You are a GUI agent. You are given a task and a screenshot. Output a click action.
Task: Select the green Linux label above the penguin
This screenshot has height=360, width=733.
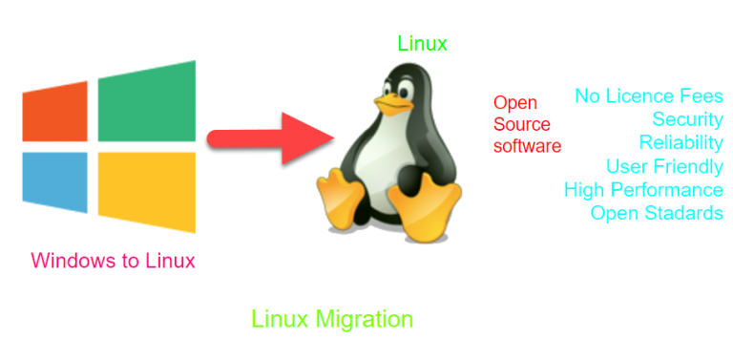[422, 43]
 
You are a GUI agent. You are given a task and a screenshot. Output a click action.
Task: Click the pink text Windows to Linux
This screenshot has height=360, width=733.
[113, 261]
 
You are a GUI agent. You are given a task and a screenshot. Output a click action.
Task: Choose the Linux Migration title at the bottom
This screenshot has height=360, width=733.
[332, 319]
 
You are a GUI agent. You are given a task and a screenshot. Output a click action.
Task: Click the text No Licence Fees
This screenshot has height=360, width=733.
[649, 96]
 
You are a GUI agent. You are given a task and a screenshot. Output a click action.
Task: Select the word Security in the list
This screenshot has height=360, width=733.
[687, 119]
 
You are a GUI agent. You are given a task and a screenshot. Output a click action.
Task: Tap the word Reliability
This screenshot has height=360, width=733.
[681, 142]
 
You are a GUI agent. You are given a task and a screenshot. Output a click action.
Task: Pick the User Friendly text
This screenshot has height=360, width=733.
[664, 166]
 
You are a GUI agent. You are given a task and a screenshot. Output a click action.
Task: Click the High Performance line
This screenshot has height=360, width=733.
[643, 189]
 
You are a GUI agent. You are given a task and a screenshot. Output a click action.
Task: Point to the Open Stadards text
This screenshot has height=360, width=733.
[657, 212]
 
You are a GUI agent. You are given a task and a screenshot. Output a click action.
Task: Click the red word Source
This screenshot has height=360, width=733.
[520, 124]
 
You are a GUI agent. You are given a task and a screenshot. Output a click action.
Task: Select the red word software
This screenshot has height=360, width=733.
[527, 145]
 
